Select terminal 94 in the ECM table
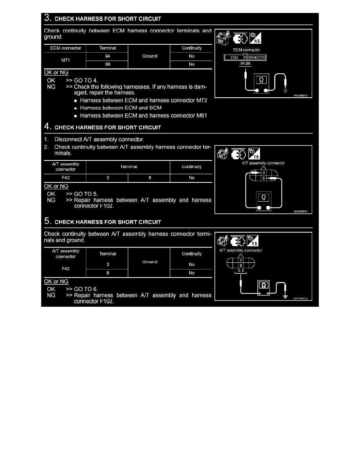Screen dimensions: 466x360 click(x=107, y=56)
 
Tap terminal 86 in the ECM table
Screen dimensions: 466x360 click(x=107, y=65)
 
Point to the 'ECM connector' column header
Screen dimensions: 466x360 click(x=63, y=48)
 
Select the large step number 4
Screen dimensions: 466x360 click(x=47, y=127)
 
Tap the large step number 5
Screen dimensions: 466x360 click(x=47, y=222)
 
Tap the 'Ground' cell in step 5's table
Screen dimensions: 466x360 click(x=149, y=262)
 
